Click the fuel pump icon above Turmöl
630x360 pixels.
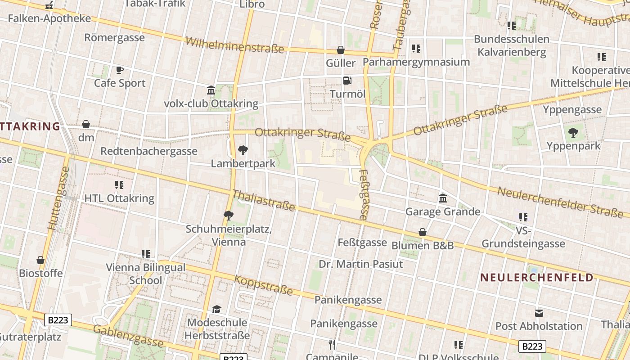coord(347,81)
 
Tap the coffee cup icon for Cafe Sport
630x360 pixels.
coord(119,70)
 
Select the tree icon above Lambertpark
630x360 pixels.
coord(243,150)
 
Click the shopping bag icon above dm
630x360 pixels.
coord(86,124)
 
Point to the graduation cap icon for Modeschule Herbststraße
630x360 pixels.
coord(217,310)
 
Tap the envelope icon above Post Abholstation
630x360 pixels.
coord(539,313)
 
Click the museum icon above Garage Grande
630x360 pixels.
coord(443,198)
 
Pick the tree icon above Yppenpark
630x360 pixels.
coord(573,132)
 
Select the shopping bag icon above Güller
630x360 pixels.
coord(341,50)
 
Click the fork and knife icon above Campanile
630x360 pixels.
coord(332,345)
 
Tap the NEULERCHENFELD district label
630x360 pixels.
coord(537,277)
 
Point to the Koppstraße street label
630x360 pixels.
coord(263,285)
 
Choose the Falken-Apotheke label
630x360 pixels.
coord(49,19)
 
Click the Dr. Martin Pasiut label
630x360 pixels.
coord(361,264)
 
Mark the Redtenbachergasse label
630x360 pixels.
coord(149,151)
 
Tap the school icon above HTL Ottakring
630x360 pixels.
coord(119,185)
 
